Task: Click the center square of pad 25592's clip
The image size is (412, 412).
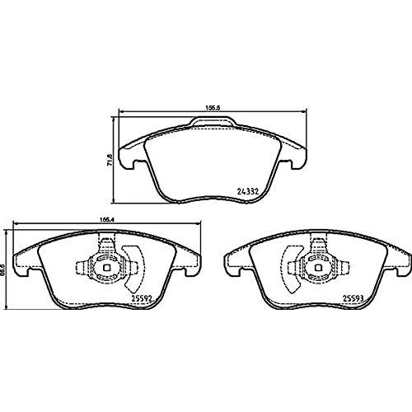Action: click(105, 267)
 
